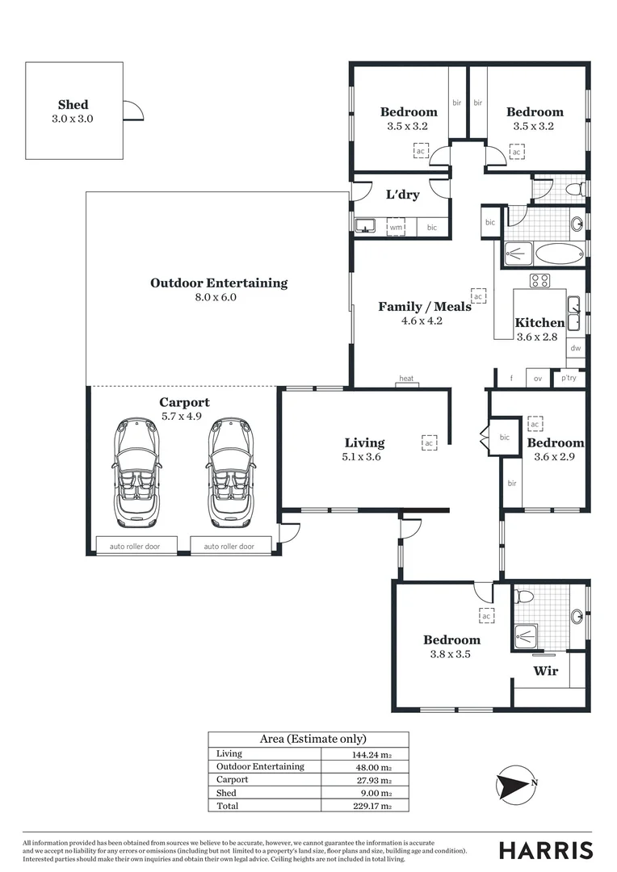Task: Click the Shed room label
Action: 73,105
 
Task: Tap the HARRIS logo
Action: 546,850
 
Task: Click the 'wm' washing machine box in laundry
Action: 396,228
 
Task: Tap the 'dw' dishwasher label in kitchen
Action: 575,349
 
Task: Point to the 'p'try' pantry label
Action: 569,377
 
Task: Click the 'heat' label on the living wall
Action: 406,379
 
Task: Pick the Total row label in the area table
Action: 227,806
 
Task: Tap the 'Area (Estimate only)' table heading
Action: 313,739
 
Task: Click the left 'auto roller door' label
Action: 135,547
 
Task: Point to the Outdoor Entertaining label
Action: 219,283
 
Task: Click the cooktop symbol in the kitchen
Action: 539,281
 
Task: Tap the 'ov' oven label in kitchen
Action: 537,377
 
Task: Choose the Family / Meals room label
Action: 425,307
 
